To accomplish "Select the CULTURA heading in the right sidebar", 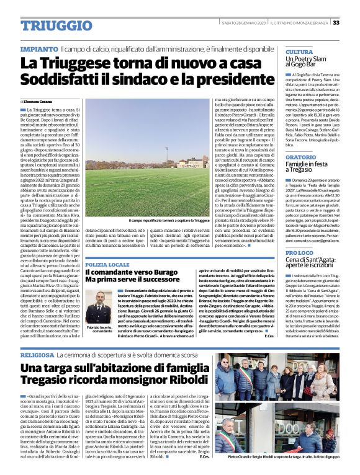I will click(299, 51).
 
